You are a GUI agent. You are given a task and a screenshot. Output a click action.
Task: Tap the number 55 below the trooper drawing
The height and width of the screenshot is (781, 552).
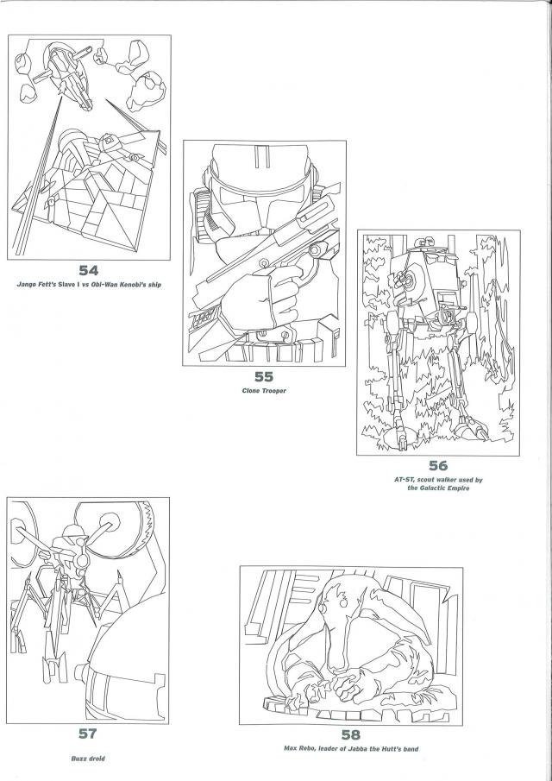264,376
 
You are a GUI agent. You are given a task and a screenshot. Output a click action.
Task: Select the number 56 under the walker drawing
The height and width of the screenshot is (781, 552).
437,467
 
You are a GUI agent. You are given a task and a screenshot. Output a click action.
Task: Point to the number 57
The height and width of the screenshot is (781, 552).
87,734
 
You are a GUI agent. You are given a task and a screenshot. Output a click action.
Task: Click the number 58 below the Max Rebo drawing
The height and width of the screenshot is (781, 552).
350,735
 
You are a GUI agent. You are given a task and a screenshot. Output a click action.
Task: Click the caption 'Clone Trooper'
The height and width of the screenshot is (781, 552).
264,391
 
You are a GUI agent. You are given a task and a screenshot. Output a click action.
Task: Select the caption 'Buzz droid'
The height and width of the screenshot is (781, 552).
87,759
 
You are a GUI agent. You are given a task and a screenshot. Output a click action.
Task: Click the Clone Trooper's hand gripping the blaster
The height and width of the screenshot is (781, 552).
259,298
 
